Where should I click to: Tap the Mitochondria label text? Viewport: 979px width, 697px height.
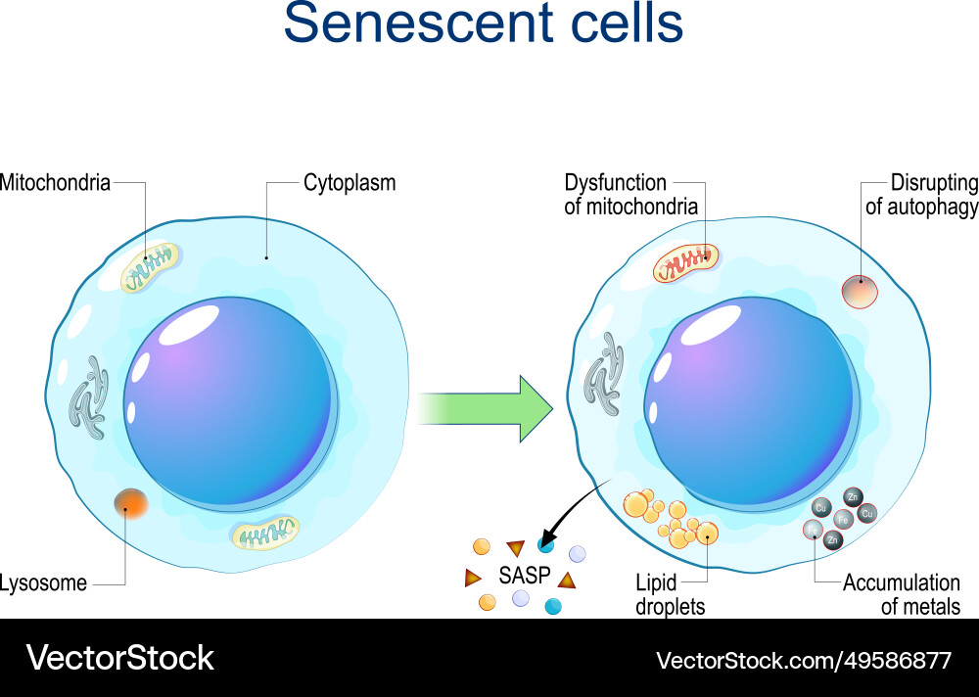coord(55,182)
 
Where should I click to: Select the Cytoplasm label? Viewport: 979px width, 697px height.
coord(350,182)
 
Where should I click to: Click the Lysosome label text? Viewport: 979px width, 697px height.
coord(44,583)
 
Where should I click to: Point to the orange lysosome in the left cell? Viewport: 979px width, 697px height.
coord(130,504)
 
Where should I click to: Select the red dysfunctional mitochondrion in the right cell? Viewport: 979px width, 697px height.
coord(685,262)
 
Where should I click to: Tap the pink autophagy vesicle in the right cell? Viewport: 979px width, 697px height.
coord(860,290)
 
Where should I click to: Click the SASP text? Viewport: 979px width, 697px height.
coord(526,575)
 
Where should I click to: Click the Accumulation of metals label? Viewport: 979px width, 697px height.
coord(901,594)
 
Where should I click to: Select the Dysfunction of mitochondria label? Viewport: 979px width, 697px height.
coord(630,194)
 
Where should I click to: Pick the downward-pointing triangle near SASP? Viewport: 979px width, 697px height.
coord(515,548)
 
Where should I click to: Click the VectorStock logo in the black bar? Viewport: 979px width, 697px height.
coord(119,658)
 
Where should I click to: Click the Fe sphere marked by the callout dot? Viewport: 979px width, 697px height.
coord(812,531)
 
